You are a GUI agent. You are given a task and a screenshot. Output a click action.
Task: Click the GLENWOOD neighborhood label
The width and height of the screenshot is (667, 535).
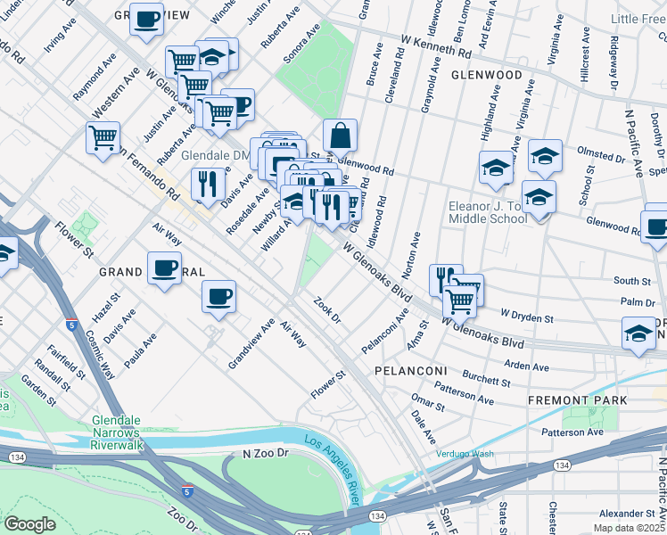point(486,75)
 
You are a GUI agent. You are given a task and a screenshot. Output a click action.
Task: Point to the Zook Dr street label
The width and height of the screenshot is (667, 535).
point(327,310)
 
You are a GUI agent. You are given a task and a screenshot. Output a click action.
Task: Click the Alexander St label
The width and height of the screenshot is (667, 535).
point(627,514)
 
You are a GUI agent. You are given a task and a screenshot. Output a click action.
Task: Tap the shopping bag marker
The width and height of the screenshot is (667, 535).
point(340,136)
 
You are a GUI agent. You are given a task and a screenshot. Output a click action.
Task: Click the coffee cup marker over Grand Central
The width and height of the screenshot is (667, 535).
point(164,267)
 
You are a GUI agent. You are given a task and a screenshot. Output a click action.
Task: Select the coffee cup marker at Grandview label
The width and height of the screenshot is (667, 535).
point(146,18)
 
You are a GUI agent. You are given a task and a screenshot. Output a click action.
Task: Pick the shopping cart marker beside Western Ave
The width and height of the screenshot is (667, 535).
point(103,137)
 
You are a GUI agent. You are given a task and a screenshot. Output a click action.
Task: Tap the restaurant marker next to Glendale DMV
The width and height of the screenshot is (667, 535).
point(208,184)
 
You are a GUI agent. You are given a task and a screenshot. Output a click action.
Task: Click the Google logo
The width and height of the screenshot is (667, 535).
point(29,523)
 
